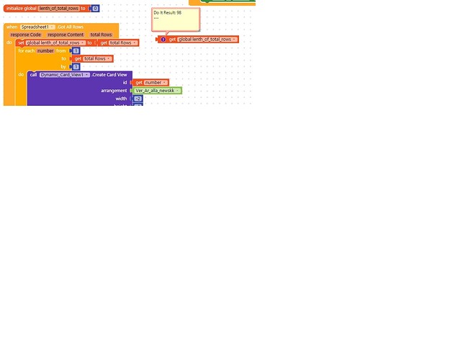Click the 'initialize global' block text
point(21,8)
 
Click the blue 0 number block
point(95,8)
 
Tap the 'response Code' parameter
point(25,35)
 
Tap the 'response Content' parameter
point(66,35)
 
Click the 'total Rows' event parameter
point(101,35)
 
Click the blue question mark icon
point(163,40)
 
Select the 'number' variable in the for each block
point(45,50)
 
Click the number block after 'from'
point(76,50)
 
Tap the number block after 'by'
point(76,66)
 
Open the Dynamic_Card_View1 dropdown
point(65,75)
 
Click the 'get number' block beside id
point(151,83)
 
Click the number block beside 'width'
point(138,99)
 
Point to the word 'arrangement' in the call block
point(114,91)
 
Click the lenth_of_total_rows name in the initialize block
point(58,8)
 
